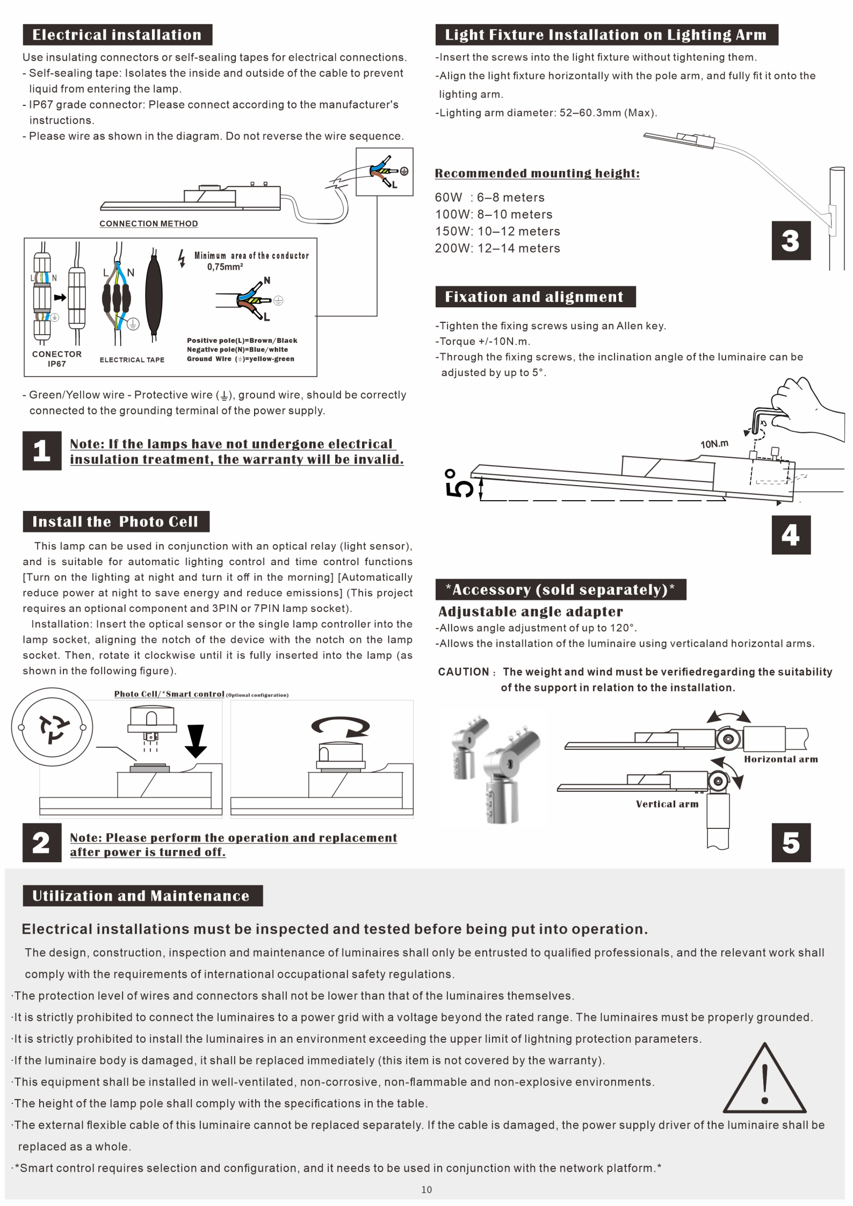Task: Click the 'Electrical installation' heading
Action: pos(117,35)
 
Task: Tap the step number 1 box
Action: pos(42,451)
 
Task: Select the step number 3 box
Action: pos(791,241)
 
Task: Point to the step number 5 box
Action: pos(791,842)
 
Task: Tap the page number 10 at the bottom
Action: pos(426,1189)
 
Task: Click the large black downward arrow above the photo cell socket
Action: pos(196,740)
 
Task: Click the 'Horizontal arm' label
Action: pos(780,759)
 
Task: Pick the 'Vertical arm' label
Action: pos(667,804)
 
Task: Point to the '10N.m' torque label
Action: pos(714,444)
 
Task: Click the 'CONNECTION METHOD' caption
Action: pos(149,223)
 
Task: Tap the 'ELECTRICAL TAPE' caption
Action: pos(132,360)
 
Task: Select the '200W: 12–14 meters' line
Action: pos(497,248)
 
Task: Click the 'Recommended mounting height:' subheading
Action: pos(537,174)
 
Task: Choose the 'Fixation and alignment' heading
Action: pos(536,297)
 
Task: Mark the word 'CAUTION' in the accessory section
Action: pos(464,672)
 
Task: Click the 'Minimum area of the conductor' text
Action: pos(251,256)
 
